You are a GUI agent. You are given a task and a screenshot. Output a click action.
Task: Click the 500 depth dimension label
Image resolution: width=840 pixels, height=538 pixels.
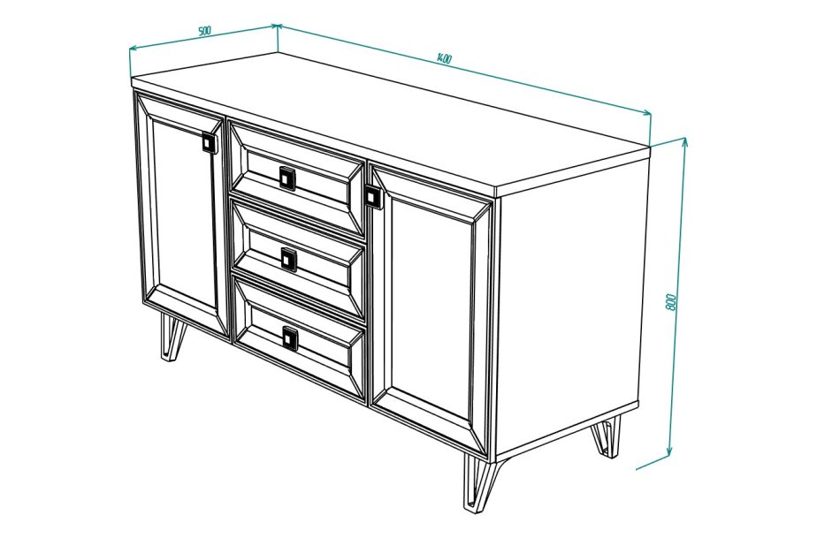click(x=204, y=31)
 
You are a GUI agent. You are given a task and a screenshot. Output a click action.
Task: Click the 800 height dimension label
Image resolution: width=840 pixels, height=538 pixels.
click(x=671, y=302)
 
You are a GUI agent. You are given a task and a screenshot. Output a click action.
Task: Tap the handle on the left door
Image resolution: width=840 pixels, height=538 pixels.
click(x=209, y=142)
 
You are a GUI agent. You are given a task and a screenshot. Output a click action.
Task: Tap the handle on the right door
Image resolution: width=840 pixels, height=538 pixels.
click(x=371, y=196)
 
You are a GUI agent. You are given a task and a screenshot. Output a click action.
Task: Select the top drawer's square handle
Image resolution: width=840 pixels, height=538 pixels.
click(x=287, y=178)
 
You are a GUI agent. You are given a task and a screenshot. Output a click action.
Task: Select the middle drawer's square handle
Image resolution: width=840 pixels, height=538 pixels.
click(x=289, y=260)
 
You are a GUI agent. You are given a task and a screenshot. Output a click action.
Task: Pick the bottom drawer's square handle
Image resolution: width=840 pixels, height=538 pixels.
click(x=290, y=338)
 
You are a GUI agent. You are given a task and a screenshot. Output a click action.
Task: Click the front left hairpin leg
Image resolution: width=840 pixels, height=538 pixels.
click(x=172, y=337)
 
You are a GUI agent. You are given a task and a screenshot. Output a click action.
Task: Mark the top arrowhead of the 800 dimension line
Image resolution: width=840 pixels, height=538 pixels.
click(x=684, y=142)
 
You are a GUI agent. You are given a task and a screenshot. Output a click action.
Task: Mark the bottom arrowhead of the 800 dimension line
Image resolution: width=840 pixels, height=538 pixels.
click(x=669, y=451)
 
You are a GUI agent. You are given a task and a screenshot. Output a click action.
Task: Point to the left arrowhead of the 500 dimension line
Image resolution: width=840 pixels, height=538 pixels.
click(x=134, y=49)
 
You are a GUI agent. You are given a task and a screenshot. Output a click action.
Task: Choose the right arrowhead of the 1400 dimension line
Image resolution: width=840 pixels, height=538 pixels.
click(x=646, y=112)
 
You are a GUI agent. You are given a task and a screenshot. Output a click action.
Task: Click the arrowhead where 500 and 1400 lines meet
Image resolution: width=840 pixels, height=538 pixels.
click(x=277, y=25)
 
